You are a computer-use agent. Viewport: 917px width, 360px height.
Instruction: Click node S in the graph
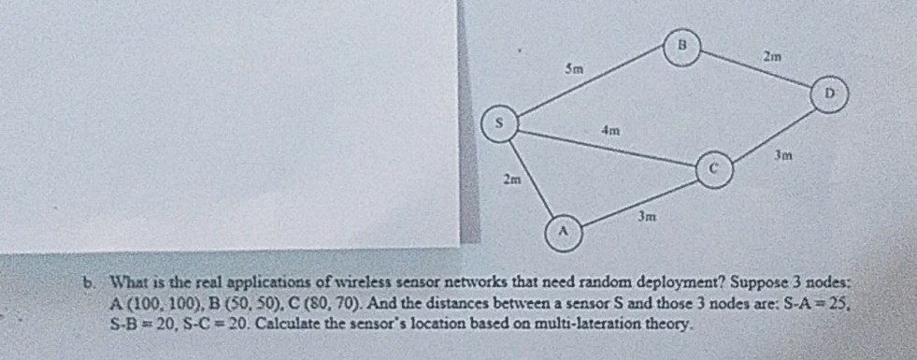click(499, 122)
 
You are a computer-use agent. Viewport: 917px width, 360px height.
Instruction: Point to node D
click(829, 93)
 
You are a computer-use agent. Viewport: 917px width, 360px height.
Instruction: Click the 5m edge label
click(575, 67)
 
